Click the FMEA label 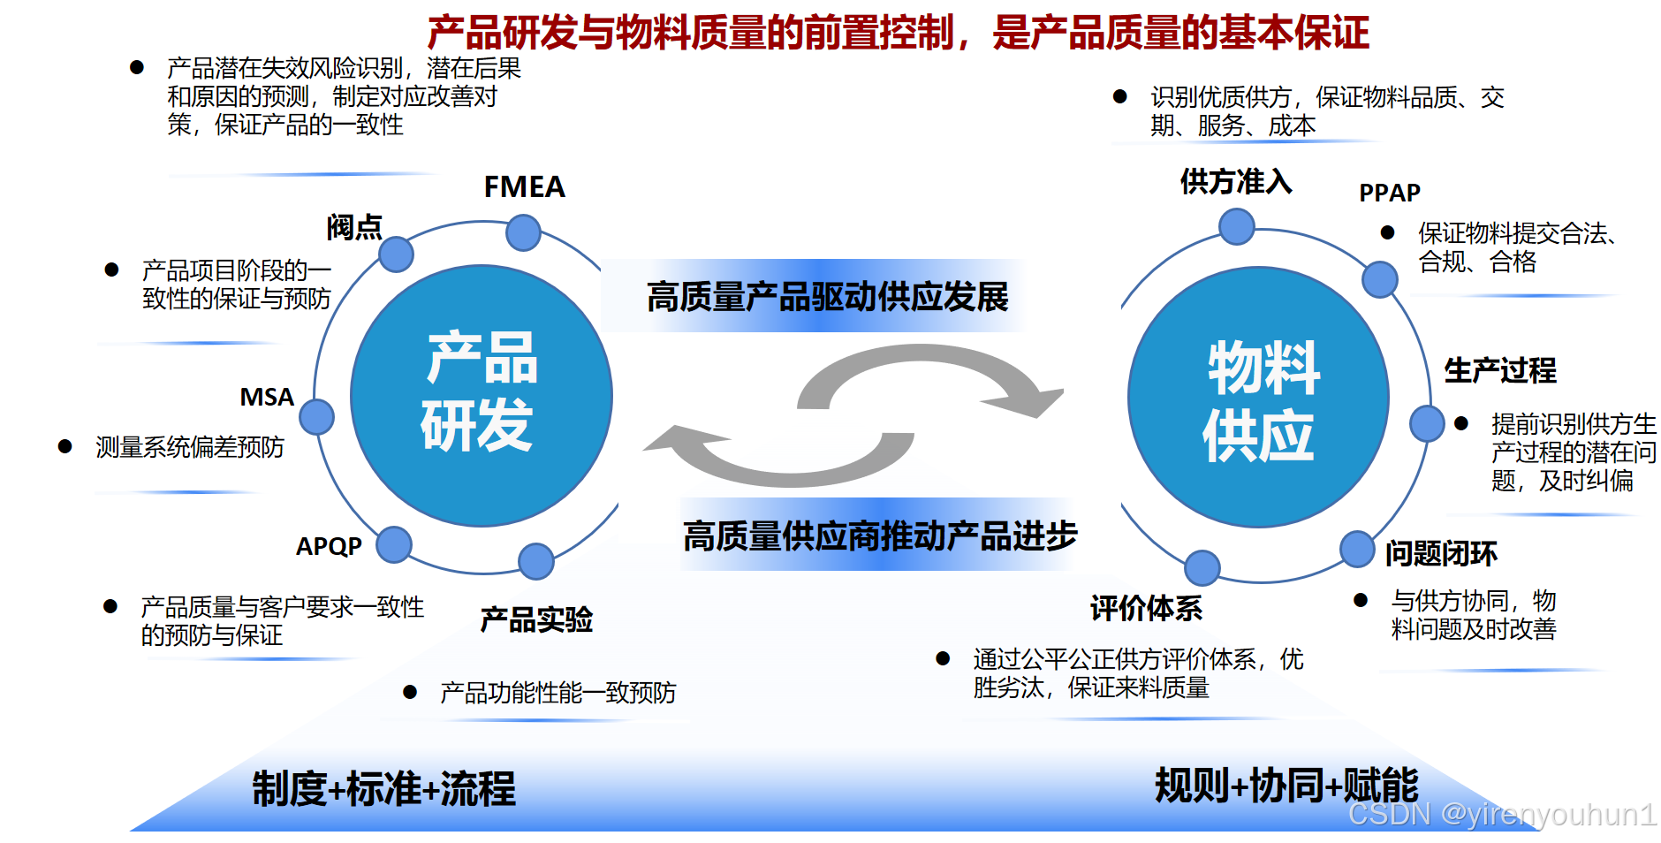pyautogui.click(x=524, y=187)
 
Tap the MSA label pyautogui.click(x=267, y=397)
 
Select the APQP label pyautogui.click(x=329, y=546)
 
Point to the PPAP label pyautogui.click(x=1389, y=193)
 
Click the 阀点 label pyautogui.click(x=354, y=227)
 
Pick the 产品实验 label pyautogui.click(x=536, y=619)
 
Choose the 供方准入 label pyautogui.click(x=1236, y=181)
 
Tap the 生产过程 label pyautogui.click(x=1500, y=370)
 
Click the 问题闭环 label pyautogui.click(x=1441, y=554)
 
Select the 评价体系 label pyautogui.click(x=1146, y=608)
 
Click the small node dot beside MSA pyautogui.click(x=316, y=416)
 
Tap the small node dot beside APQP pyautogui.click(x=394, y=544)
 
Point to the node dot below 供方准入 pyautogui.click(x=1237, y=226)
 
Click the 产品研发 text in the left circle pyautogui.click(x=481, y=392)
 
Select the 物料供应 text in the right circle pyautogui.click(x=1261, y=400)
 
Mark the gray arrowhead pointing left pyautogui.click(x=676, y=439)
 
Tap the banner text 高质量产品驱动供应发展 pyautogui.click(x=827, y=297)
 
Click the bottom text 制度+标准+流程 pyautogui.click(x=383, y=789)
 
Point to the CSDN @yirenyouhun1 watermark pyautogui.click(x=1502, y=814)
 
